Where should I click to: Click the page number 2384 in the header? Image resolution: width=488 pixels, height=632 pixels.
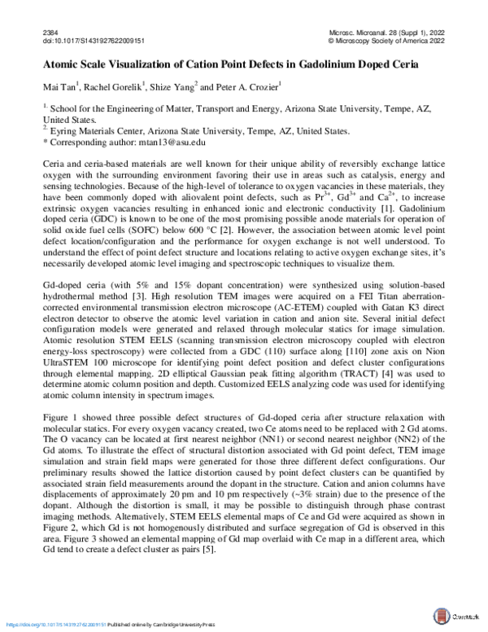point(48,31)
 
